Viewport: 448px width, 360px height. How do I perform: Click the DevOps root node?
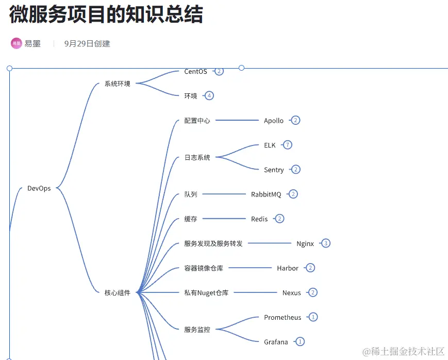point(39,189)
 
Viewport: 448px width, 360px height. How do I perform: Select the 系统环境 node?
point(118,84)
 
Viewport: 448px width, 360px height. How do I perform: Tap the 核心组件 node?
point(118,293)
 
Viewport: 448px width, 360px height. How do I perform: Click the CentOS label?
point(196,72)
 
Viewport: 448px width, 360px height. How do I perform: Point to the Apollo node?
point(274,121)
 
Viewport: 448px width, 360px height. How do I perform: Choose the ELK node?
point(270,145)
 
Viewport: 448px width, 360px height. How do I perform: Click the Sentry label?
point(274,170)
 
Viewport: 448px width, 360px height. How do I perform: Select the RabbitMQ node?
point(266,194)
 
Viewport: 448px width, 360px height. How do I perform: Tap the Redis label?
point(259,219)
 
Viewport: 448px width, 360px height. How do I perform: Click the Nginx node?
point(305,244)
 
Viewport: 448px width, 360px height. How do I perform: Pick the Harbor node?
point(288,268)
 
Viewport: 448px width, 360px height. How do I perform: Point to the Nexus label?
point(292,293)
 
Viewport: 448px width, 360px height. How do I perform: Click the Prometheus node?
point(283,318)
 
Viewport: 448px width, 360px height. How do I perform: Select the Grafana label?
point(276,342)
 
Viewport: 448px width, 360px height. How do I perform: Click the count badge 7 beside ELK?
point(288,145)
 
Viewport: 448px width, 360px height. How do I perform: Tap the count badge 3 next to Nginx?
point(326,243)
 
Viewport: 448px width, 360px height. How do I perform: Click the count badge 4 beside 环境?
point(209,95)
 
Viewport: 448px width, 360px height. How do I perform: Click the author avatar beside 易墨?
point(16,43)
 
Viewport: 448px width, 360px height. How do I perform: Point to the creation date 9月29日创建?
point(87,44)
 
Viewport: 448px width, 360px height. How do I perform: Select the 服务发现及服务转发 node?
point(213,244)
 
